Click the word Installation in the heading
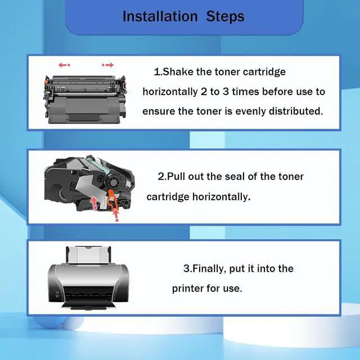[160, 16]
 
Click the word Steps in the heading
[225, 16]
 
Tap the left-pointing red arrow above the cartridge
[64, 65]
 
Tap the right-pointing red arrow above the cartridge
[107, 65]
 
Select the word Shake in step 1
[178, 71]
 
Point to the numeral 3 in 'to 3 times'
[226, 92]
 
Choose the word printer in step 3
[188, 289]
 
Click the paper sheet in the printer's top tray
[88, 255]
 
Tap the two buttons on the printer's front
[57, 294]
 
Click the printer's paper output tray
[88, 305]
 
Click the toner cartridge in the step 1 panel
[85, 99]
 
